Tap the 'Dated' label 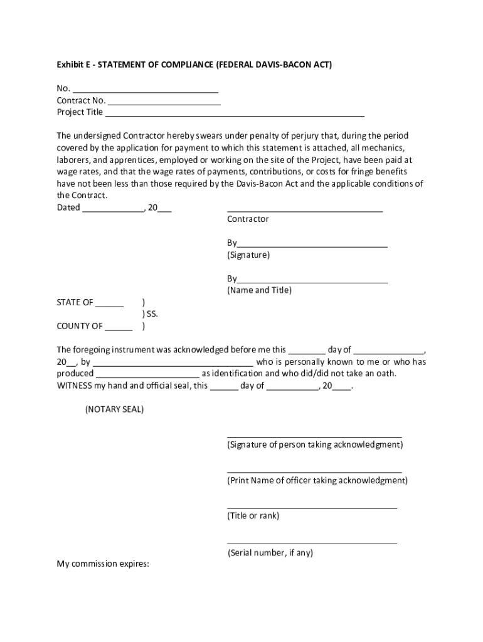click(x=68, y=208)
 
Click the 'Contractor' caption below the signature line click(x=248, y=219)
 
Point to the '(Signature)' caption click(x=248, y=255)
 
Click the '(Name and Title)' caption click(x=259, y=290)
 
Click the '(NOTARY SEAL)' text click(x=114, y=409)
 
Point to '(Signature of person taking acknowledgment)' click(x=315, y=445)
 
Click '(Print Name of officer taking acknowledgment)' click(x=317, y=480)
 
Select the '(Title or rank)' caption click(x=253, y=516)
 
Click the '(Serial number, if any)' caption click(x=270, y=552)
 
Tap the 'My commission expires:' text click(x=103, y=564)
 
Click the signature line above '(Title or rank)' click(x=312, y=507)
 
